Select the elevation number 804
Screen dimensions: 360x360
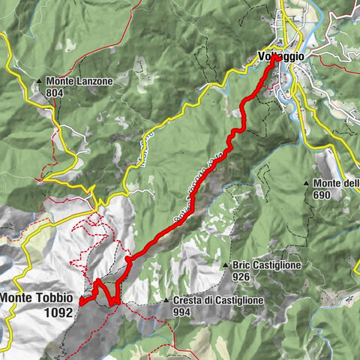tap(55, 93)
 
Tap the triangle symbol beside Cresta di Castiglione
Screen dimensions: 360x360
tap(166, 301)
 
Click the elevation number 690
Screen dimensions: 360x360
tap(322, 195)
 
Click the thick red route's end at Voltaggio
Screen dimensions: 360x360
tap(275, 57)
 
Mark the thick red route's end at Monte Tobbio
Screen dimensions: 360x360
tap(80, 302)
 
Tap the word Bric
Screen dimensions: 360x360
tap(241, 266)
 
